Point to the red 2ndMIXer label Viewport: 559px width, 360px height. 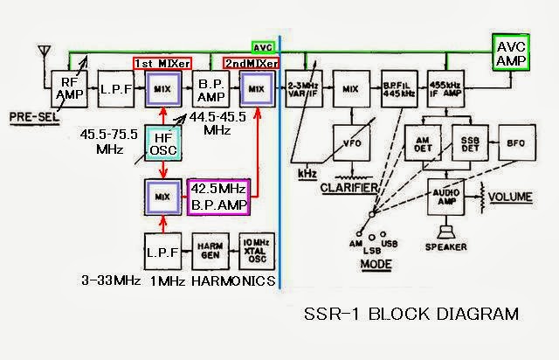pyautogui.click(x=251, y=64)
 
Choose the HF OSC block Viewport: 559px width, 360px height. pyautogui.click(x=162, y=144)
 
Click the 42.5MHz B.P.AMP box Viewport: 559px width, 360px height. pyautogui.click(x=219, y=197)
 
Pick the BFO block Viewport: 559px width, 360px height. pyautogui.click(x=513, y=140)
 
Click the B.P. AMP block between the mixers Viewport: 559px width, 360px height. pyautogui.click(x=212, y=88)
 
